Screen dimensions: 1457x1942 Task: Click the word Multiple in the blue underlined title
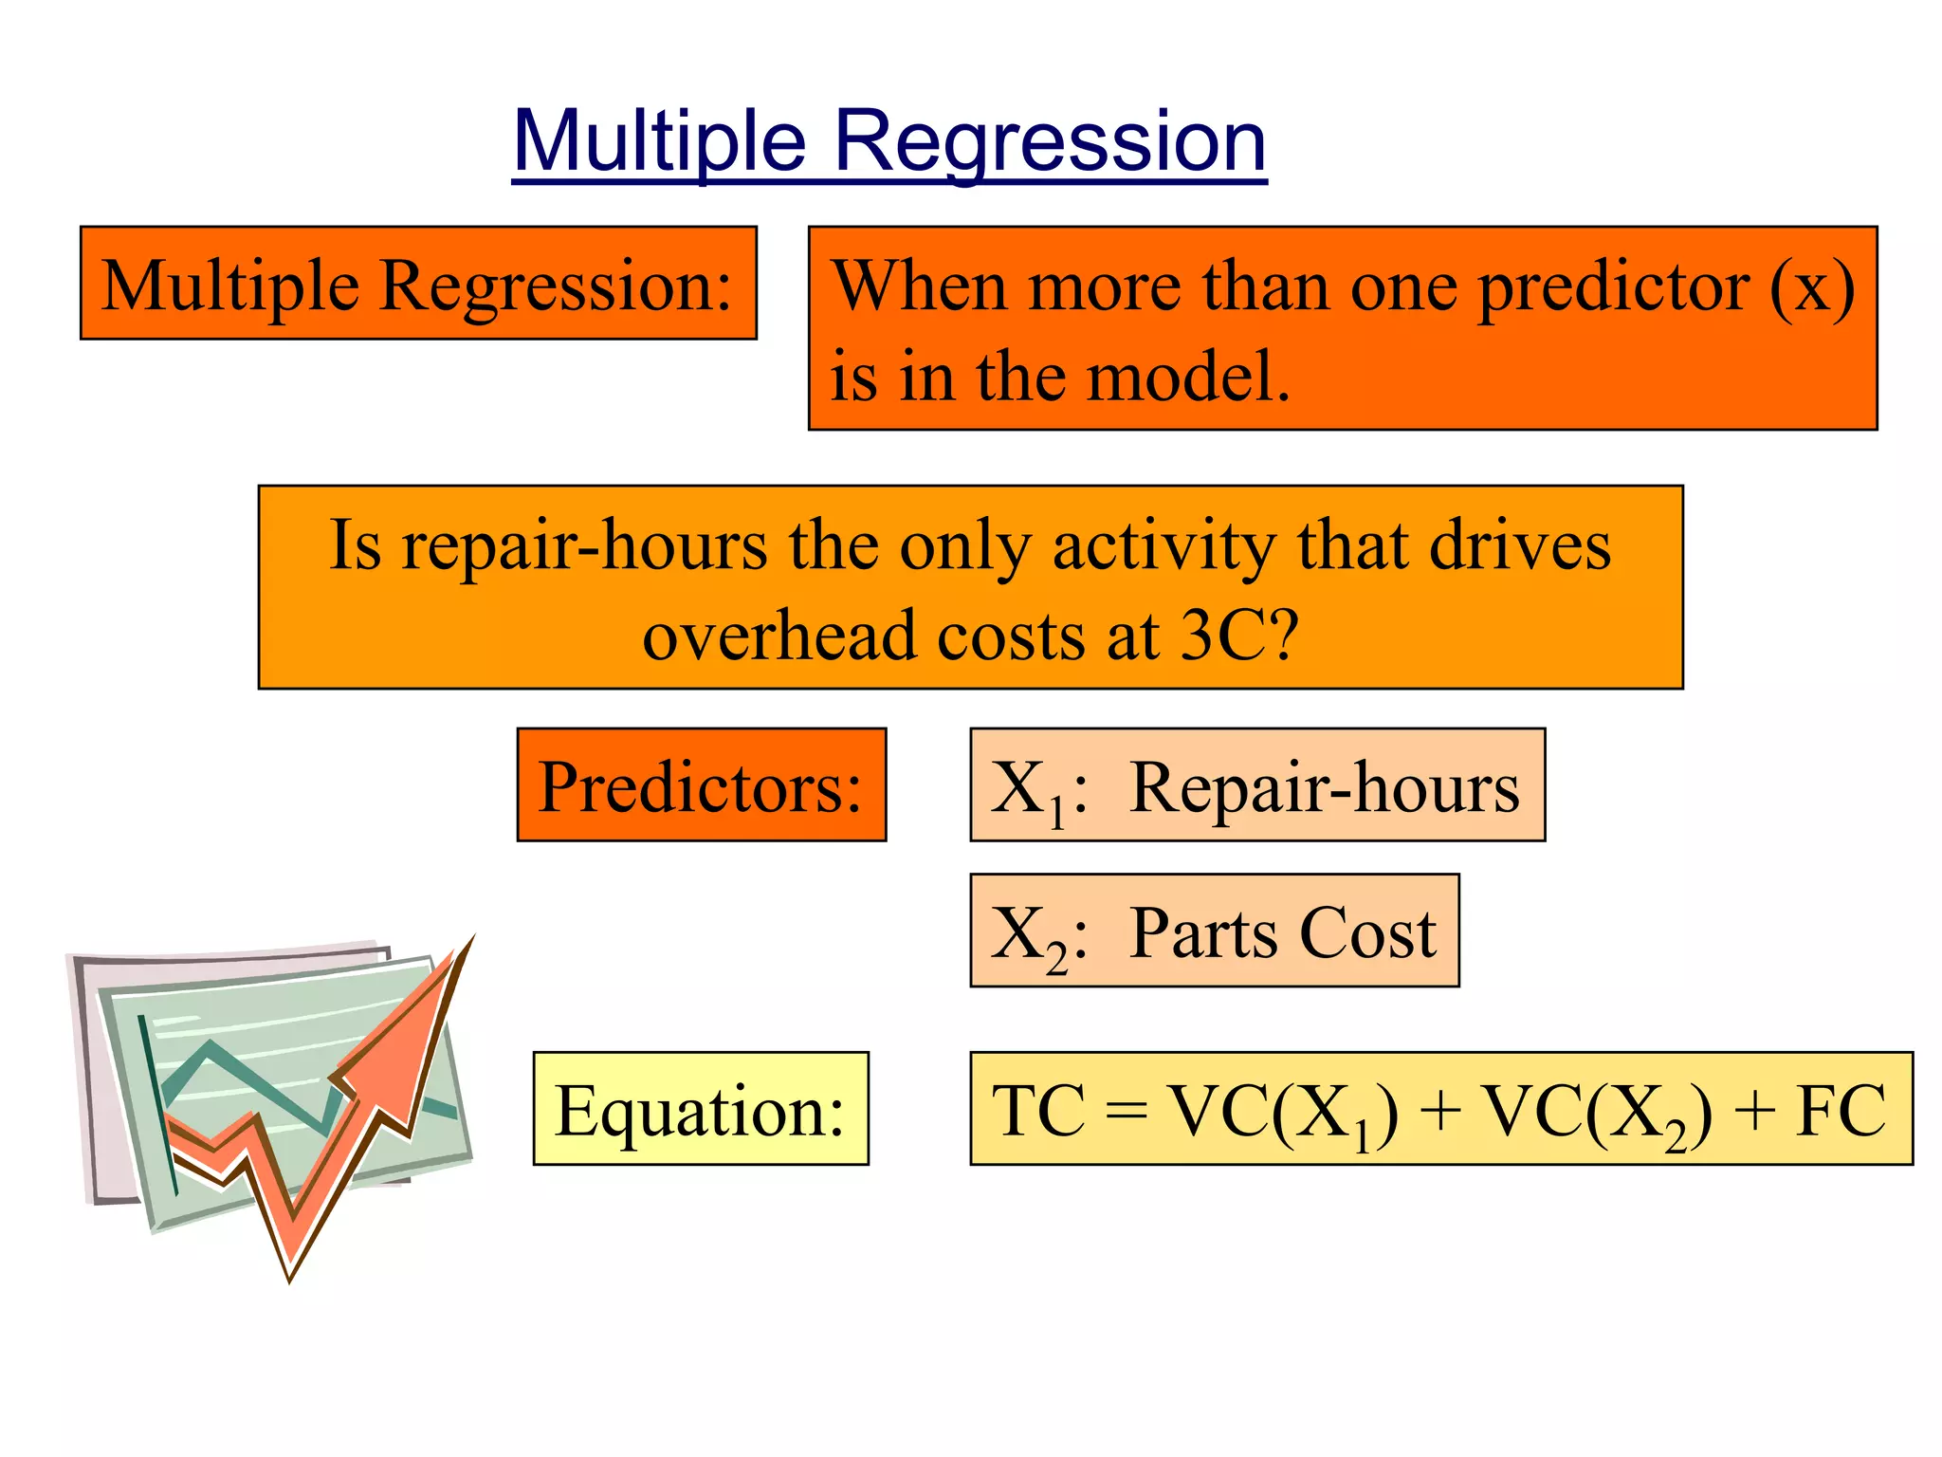click(660, 142)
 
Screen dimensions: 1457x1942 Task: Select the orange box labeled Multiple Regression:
click(418, 283)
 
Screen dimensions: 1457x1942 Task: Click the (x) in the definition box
click(1812, 286)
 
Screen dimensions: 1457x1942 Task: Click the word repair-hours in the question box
click(584, 546)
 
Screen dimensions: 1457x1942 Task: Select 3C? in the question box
click(1238, 636)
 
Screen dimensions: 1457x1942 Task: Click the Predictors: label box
click(701, 785)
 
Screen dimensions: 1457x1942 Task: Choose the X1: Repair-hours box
click(1256, 785)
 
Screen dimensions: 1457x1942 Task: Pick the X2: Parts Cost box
click(1214, 931)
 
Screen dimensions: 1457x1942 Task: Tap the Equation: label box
click(701, 1108)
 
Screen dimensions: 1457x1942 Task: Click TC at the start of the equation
click(1037, 1110)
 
